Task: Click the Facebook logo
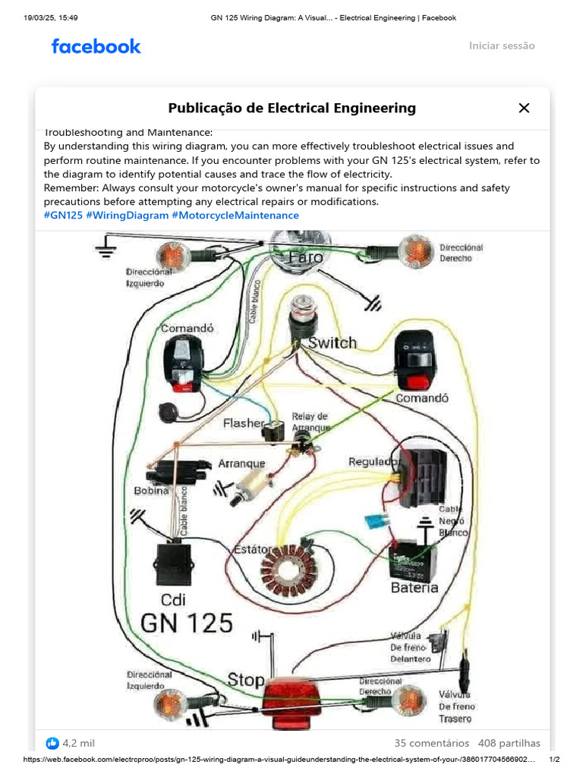click(96, 46)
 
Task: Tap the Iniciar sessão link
click(501, 46)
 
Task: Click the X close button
click(524, 108)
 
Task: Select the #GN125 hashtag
click(63, 215)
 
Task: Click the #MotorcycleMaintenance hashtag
click(235, 215)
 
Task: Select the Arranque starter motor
click(255, 483)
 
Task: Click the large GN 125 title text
click(187, 622)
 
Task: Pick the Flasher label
click(243, 423)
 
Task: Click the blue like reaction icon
click(52, 743)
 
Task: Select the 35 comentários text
click(432, 743)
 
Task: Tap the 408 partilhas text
click(509, 743)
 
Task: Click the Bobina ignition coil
click(176, 472)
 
